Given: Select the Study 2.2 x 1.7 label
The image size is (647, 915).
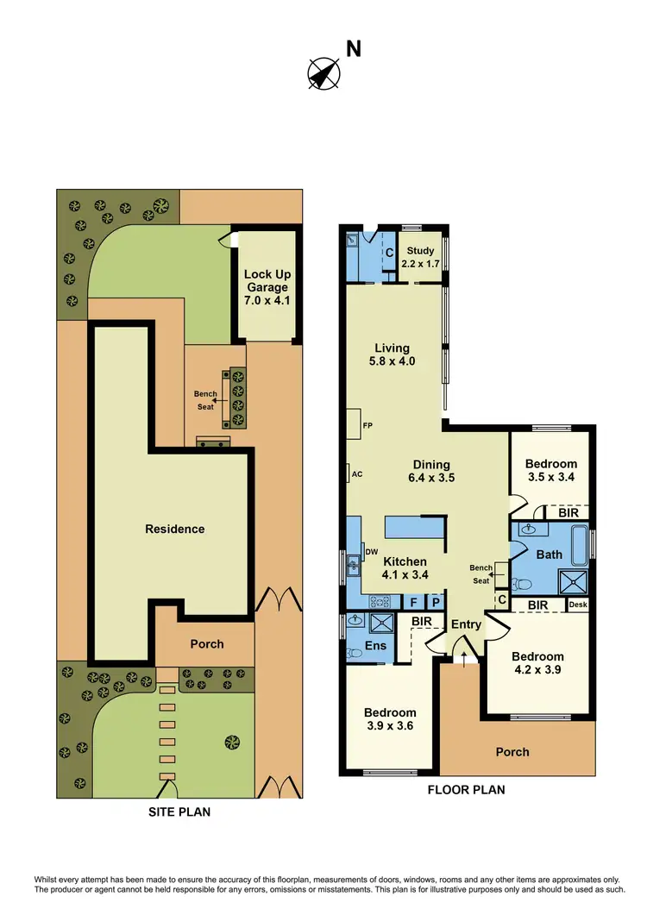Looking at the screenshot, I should (x=421, y=257).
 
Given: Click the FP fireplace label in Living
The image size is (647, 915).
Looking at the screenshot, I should (x=367, y=425).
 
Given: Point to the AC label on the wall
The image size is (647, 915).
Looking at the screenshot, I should (x=356, y=473).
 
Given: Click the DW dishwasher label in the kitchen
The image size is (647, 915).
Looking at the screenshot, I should (x=372, y=551).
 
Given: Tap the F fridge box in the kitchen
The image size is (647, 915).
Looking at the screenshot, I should (x=413, y=602).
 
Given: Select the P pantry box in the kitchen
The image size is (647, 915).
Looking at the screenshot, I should (x=436, y=602).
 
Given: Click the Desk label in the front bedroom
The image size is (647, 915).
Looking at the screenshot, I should (x=578, y=605).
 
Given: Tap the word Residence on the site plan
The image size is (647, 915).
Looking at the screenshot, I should (x=175, y=529).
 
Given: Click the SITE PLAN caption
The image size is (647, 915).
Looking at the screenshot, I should (x=180, y=812).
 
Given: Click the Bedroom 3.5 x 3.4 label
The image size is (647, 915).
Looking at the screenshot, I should (x=551, y=470).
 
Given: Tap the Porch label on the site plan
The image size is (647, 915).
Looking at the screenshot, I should (x=207, y=643).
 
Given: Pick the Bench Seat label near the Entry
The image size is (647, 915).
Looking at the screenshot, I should (x=481, y=573).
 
